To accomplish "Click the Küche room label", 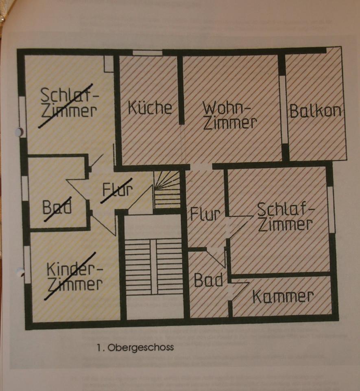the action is [150, 108].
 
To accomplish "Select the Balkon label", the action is [315, 111].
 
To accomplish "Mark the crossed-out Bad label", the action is [57, 206].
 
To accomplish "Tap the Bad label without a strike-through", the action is [208, 280].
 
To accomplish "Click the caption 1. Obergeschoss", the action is [135, 347].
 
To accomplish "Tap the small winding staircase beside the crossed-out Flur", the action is [167, 190].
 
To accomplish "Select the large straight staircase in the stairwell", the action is [153, 266].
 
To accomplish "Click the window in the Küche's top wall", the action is [148, 53].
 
